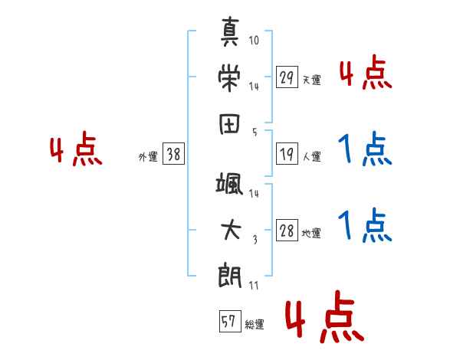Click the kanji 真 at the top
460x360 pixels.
230,31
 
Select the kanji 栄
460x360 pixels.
229,77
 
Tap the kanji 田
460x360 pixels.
229,124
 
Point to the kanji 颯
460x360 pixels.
229,184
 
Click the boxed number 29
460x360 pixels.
287,77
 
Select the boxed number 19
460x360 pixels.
287,154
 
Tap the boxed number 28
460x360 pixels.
287,230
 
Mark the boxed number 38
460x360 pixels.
173,154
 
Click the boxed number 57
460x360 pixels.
230,321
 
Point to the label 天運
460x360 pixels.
312,80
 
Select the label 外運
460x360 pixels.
148,156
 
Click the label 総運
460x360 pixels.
255,324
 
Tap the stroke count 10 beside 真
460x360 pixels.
254,40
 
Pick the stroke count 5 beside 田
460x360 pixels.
255,133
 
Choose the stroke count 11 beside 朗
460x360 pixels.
254,286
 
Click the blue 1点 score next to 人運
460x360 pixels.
365,149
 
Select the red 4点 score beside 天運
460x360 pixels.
366,72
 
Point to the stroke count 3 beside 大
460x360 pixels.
255,240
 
